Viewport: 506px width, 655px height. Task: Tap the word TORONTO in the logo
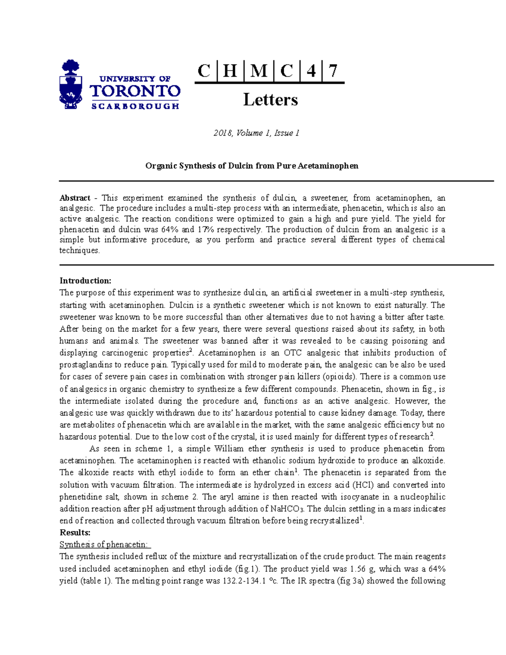tap(135, 91)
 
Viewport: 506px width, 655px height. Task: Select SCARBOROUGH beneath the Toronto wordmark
tap(135, 106)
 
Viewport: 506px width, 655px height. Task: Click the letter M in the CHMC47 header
tap(258, 71)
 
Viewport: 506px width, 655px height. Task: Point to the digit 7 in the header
tap(333, 71)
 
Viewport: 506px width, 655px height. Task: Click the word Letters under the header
tap(270, 100)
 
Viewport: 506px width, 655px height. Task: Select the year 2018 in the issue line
tap(223, 133)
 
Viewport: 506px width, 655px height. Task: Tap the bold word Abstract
tap(75, 198)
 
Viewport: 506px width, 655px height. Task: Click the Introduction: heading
tap(85, 281)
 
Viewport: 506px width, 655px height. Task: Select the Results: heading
tap(75, 533)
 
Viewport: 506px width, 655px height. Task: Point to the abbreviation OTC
tap(293, 353)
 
